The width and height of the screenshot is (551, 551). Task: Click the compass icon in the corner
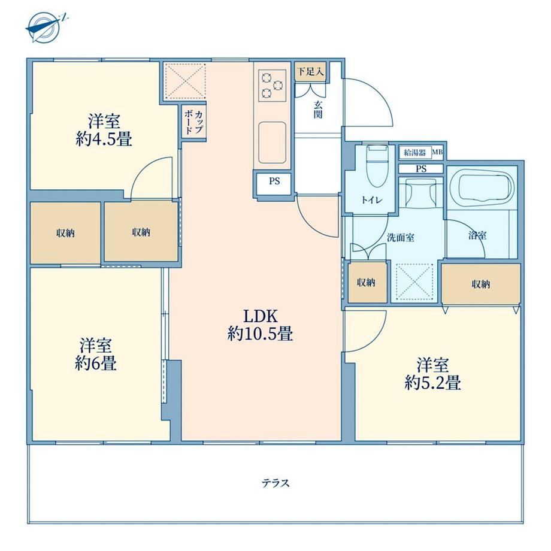click(x=46, y=27)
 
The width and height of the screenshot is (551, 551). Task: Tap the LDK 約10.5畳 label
click(x=261, y=325)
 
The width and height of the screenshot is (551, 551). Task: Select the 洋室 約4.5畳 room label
click(x=104, y=131)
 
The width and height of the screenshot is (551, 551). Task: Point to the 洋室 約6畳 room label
click(x=96, y=354)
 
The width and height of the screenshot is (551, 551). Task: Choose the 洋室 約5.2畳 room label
click(x=432, y=374)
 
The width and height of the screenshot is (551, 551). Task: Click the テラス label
click(x=275, y=483)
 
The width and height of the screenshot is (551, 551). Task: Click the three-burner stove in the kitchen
click(x=273, y=86)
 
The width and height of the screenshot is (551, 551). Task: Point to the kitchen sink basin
click(x=272, y=143)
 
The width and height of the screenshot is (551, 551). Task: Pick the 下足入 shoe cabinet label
click(x=310, y=72)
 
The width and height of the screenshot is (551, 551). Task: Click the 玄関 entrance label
click(x=318, y=109)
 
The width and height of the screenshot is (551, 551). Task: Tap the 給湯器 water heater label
click(x=415, y=153)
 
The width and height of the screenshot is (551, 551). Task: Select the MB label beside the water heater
click(x=437, y=152)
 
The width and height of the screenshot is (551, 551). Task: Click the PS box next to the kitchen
click(x=274, y=184)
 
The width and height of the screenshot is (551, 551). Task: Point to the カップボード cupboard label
click(x=193, y=122)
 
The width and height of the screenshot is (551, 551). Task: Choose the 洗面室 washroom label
click(x=401, y=238)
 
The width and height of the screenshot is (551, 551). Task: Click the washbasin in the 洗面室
click(x=420, y=193)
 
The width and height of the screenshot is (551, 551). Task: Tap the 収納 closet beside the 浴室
click(x=481, y=284)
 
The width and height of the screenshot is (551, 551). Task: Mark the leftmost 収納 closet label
click(x=66, y=232)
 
